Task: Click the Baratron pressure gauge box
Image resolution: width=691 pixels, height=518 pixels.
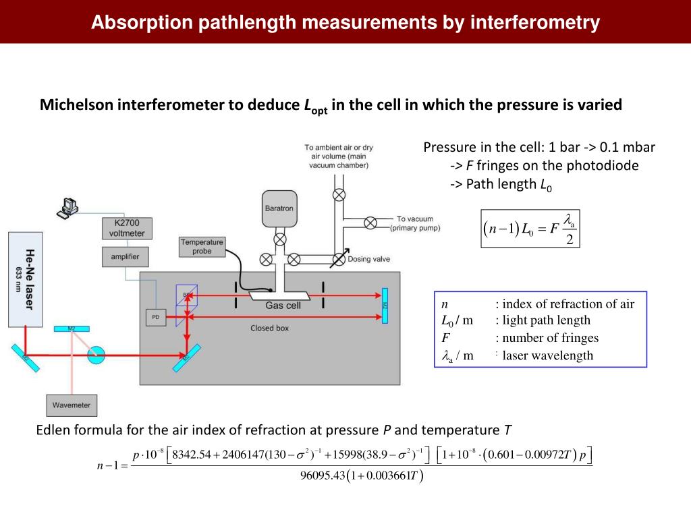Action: coord(278,208)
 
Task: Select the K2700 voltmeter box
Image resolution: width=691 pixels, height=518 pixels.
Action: coord(127,228)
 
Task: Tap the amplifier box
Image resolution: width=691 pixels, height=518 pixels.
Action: coord(126,256)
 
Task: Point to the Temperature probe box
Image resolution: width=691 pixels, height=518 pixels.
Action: coord(202,246)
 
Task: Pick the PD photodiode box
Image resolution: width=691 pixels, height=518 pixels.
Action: coord(155,317)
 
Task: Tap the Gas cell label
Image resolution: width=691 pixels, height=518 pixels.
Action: coord(283,305)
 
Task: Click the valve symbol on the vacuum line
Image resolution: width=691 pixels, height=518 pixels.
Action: coord(370,223)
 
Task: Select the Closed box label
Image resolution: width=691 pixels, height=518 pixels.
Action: coord(269,328)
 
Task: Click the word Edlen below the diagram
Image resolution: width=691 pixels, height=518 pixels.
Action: coord(52,430)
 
